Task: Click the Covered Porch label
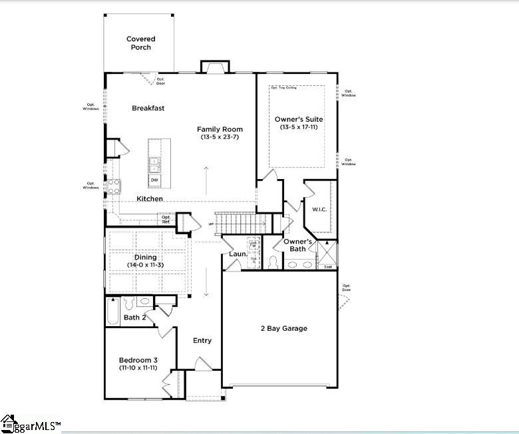point(140,43)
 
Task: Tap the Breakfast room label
point(148,108)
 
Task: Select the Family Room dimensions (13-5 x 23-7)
point(220,137)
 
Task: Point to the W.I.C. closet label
point(319,210)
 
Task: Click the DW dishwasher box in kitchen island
point(154,180)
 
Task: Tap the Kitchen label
point(150,199)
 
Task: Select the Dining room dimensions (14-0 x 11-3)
point(146,266)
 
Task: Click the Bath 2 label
point(134,318)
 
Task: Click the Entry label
point(202,341)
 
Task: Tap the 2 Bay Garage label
point(283,328)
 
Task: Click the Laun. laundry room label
point(238,254)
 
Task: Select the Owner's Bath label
point(298,245)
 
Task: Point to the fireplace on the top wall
point(215,67)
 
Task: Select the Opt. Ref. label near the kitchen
point(166,219)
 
